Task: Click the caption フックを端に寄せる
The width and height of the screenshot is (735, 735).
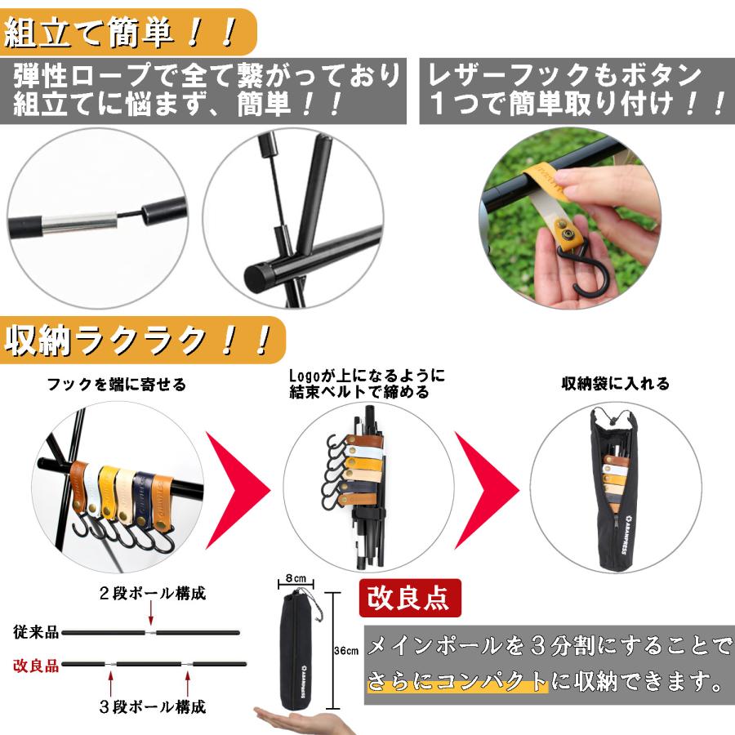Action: tap(116, 383)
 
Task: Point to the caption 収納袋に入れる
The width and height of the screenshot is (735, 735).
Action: tap(615, 383)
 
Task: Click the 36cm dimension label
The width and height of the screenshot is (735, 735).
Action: tap(346, 651)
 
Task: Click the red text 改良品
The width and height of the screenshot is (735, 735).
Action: tap(36, 665)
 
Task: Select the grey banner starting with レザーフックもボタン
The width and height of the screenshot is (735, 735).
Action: tap(577, 91)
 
